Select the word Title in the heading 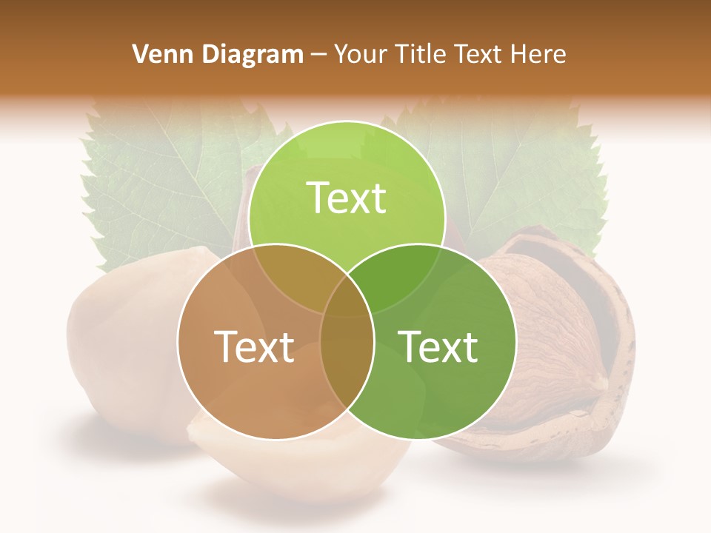tap(422, 54)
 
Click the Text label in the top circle tap(347, 198)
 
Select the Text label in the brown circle tap(254, 346)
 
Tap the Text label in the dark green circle tap(438, 346)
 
